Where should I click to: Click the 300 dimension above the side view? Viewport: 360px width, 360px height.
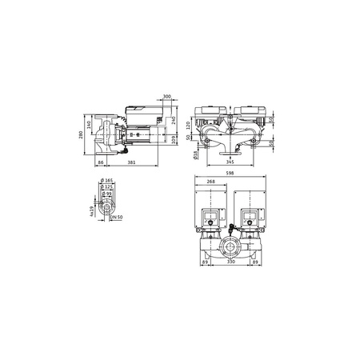click(x=166, y=97)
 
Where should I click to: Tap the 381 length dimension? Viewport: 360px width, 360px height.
click(x=130, y=163)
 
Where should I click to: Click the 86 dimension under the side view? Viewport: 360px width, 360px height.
click(x=102, y=163)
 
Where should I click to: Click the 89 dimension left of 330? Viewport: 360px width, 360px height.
click(x=206, y=261)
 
